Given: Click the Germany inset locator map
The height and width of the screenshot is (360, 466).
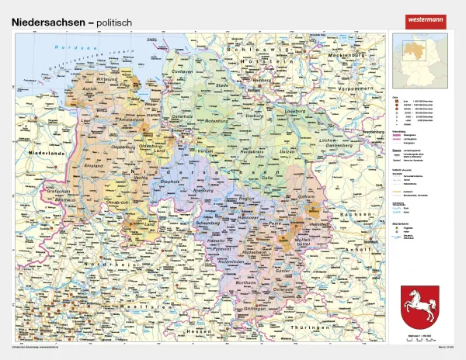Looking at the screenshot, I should coord(421,59).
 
